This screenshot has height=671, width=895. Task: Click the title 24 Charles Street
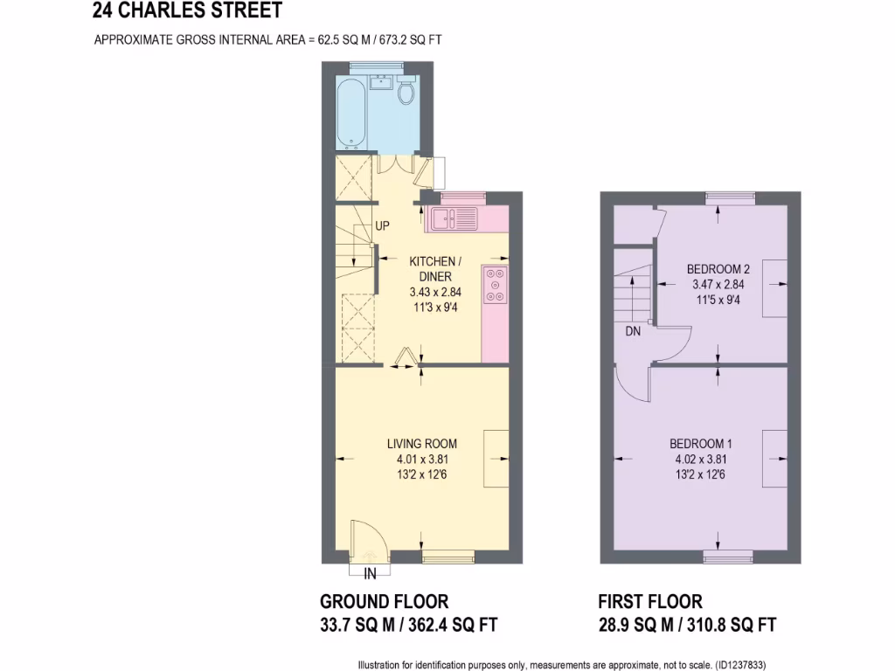coord(187,11)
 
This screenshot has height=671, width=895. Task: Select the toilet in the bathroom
coord(406,92)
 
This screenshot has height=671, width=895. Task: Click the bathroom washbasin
coord(380,84)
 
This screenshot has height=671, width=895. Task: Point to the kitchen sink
coord(453,218)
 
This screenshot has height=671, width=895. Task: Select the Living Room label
coord(422,443)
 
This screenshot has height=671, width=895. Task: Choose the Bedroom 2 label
coord(718,268)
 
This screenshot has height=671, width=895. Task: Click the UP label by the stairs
coord(382,225)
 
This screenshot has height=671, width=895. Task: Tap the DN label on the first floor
coord(634,332)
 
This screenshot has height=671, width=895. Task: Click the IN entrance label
coord(370,574)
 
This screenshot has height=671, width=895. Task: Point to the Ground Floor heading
coord(385,602)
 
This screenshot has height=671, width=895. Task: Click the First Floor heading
coord(650,602)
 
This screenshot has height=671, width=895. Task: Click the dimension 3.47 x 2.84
coord(718,284)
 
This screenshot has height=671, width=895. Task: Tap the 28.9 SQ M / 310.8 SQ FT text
coord(687,625)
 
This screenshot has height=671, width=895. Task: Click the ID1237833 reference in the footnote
coord(740,664)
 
